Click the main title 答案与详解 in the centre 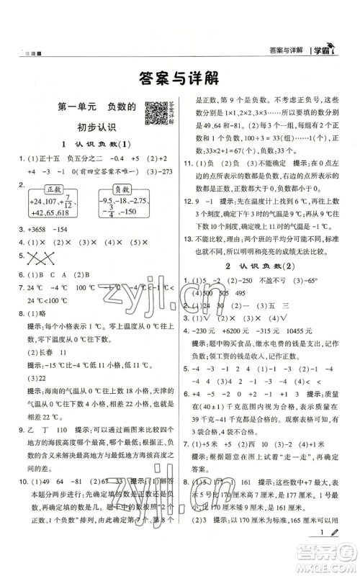(x=179, y=77)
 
